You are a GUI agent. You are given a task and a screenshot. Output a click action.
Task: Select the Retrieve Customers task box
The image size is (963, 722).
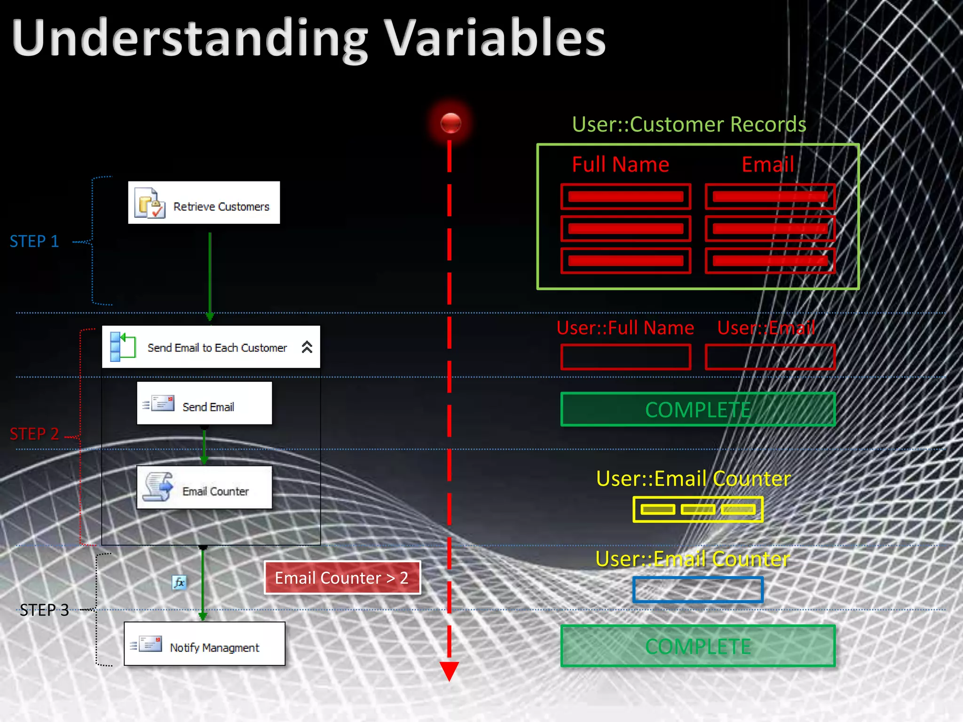click(x=204, y=203)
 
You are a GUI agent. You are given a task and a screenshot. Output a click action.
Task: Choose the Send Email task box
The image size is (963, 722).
click(x=204, y=403)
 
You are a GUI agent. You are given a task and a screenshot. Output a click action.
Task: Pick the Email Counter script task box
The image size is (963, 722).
click(x=204, y=487)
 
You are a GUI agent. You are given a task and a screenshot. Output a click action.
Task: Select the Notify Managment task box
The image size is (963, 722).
click(x=204, y=644)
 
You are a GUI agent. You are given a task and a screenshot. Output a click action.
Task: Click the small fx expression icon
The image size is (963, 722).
click(x=179, y=583)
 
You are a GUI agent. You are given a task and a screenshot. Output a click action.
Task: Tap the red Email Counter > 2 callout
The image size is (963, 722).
click(x=342, y=578)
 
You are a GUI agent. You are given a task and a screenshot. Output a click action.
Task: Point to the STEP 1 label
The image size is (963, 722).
click(x=34, y=241)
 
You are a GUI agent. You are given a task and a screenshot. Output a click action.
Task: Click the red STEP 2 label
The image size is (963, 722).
click(x=34, y=434)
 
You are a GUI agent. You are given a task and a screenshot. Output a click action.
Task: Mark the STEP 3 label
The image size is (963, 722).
click(x=44, y=610)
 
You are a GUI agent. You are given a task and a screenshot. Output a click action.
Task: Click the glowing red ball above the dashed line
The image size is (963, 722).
click(x=450, y=123)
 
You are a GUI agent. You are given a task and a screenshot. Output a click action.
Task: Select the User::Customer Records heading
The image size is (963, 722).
click(x=689, y=125)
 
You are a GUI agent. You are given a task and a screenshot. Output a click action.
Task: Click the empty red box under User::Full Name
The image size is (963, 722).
click(x=625, y=357)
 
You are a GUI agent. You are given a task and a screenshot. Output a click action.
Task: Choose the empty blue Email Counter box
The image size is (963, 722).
click(x=698, y=590)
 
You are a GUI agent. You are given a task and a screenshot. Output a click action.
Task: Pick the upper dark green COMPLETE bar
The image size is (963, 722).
click(x=698, y=409)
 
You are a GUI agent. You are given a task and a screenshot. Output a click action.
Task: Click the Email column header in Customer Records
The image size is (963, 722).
click(x=767, y=165)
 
